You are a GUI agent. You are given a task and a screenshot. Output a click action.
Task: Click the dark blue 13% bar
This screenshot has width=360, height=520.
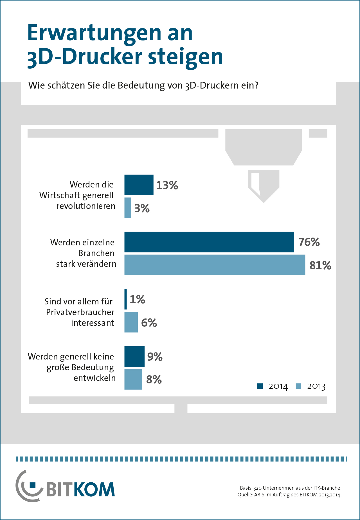[x=139, y=185]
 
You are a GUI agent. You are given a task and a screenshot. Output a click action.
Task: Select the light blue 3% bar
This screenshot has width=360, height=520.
[x=128, y=208]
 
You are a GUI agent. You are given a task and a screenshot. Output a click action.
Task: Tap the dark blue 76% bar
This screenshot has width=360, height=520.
[x=209, y=242]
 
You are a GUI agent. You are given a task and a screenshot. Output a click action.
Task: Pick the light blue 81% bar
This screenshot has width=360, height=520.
[x=215, y=265]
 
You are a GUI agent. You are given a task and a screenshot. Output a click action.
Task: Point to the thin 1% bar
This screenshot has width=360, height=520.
[x=126, y=299]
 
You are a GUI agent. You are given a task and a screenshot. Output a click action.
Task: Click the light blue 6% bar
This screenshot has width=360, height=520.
[x=131, y=322]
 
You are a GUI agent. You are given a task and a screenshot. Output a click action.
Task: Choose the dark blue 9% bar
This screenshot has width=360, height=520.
[x=134, y=356]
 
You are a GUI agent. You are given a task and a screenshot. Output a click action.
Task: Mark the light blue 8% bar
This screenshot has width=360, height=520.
[x=133, y=379]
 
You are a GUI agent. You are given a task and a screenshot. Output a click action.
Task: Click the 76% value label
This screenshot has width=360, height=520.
[x=309, y=242]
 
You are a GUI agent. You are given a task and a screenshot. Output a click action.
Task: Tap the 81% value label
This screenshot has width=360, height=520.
[x=320, y=265]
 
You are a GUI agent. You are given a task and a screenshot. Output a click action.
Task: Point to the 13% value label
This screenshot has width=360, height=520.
[x=167, y=185]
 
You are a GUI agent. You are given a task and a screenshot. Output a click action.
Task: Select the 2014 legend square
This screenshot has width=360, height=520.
[x=260, y=386]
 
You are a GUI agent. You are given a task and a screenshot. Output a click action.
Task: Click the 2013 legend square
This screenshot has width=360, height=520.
[x=298, y=386]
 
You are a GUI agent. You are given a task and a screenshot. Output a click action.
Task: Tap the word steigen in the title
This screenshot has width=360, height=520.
[x=185, y=57]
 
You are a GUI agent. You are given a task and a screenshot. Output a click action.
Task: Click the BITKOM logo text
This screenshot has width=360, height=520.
[x=80, y=490]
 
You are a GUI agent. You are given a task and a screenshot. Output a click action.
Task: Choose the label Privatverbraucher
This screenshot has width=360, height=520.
[x=80, y=312]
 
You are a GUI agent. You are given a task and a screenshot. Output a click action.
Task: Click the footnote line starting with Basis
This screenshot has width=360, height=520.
[x=290, y=488]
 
